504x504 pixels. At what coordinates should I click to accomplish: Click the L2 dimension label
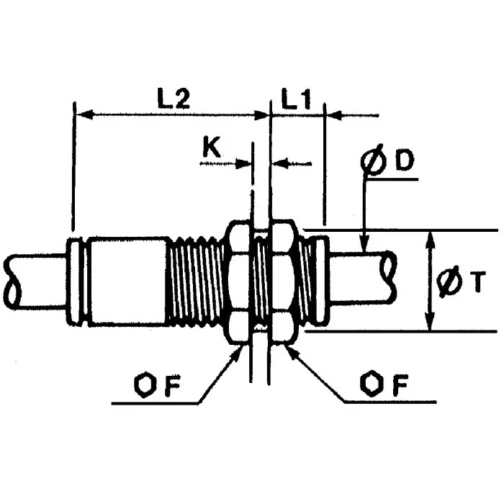[174, 99]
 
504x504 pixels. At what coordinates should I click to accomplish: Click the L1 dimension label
[297, 99]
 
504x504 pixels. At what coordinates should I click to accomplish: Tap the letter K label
[212, 147]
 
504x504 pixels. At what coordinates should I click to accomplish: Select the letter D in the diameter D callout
[405, 160]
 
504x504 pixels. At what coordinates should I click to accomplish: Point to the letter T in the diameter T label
[477, 282]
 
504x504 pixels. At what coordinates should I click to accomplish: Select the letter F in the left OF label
[173, 385]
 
